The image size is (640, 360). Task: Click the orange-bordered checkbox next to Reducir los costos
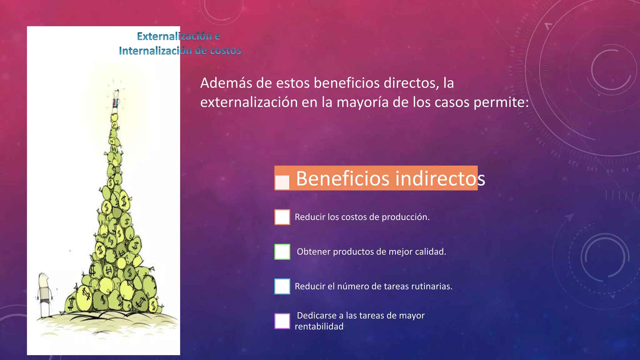[282, 217]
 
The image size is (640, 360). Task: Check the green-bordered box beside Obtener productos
[282, 252]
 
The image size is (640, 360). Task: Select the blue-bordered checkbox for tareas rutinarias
[282, 286]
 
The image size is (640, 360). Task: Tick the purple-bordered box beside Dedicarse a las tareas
[282, 321]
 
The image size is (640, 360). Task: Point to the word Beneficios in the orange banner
[343, 178]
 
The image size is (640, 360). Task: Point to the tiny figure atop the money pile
[116, 99]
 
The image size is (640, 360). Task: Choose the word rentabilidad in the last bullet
[319, 327]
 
